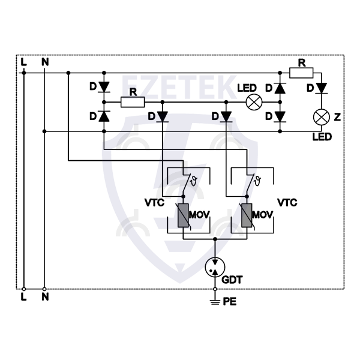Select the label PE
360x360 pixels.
click(x=230, y=302)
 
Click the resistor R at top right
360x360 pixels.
click(x=301, y=73)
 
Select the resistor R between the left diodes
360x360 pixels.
click(x=133, y=102)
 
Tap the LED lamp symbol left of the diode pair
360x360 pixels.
click(x=254, y=102)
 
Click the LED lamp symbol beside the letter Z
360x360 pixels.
click(x=322, y=116)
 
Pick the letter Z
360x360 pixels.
click(x=337, y=116)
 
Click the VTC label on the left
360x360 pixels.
click(x=154, y=203)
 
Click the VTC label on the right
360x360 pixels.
click(x=287, y=203)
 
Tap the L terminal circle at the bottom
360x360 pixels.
click(x=23, y=289)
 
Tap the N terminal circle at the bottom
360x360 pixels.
click(x=44, y=289)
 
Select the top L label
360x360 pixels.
click(x=23, y=61)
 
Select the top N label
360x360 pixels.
click(x=44, y=61)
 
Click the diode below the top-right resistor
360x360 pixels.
click(x=322, y=88)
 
